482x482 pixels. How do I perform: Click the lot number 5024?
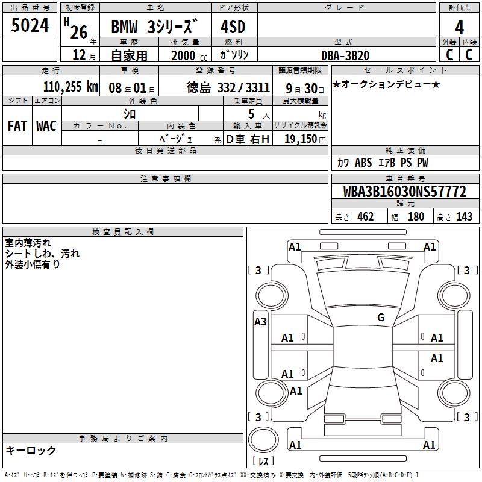point(30,25)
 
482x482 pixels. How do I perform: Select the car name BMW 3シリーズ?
point(154,27)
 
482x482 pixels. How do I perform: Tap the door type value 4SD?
point(233,27)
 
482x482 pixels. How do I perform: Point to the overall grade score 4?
point(459,28)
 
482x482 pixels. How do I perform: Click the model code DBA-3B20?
point(345,55)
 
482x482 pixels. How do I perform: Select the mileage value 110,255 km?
point(70,87)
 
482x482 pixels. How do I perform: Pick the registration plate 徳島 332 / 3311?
point(228,87)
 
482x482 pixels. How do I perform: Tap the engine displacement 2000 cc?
point(189,55)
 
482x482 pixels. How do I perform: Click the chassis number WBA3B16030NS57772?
point(404,191)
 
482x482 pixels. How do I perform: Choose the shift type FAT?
point(17,126)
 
